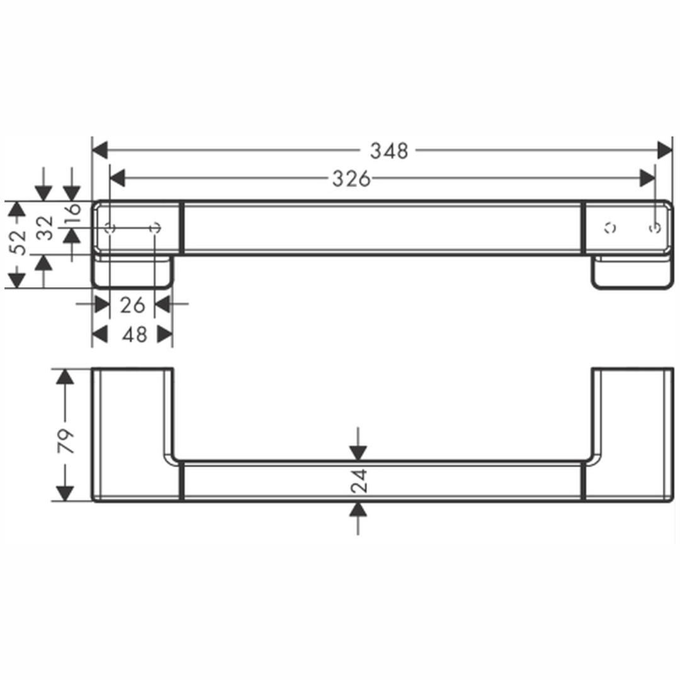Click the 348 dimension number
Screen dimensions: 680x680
tap(389, 151)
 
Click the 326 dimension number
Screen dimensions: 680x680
tap(351, 179)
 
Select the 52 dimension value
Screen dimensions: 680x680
tap(18, 243)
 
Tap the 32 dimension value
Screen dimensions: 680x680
tap(45, 229)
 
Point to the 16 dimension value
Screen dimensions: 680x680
tap(72, 210)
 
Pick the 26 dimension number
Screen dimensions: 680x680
tap(132, 305)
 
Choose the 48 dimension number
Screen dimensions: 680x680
tap(135, 334)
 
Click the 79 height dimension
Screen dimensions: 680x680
tap(66, 441)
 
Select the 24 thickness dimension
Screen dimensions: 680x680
tap(359, 482)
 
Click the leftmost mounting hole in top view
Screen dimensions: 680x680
tap(110, 228)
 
